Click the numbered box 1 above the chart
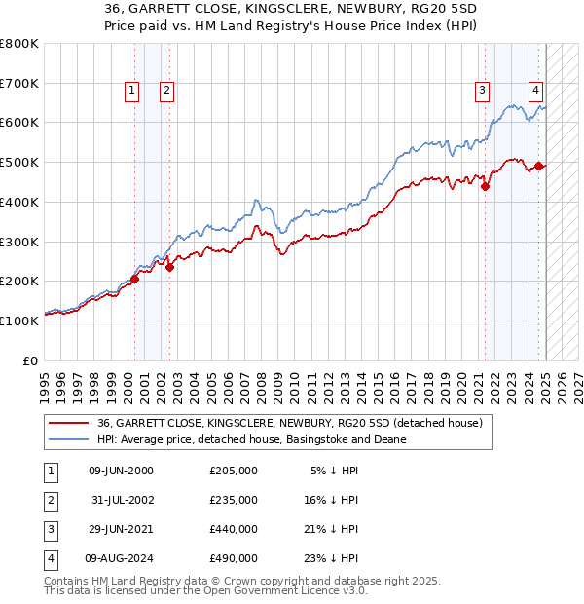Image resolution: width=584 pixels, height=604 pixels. [x=131, y=91]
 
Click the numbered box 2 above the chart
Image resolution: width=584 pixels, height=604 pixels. [x=167, y=91]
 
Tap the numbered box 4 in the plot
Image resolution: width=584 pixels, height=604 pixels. [x=535, y=91]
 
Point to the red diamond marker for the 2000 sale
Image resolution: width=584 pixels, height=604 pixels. [x=135, y=279]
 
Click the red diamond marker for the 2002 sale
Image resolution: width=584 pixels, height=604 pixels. [x=169, y=267]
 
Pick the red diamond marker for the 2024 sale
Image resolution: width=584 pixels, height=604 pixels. [x=539, y=167]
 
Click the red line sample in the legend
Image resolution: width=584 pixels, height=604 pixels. [x=69, y=423]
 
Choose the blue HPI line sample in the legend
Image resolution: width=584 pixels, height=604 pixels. [x=69, y=439]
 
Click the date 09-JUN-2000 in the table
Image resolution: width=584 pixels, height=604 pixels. [x=121, y=471]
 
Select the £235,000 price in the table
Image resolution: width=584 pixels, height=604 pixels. [x=234, y=500]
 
